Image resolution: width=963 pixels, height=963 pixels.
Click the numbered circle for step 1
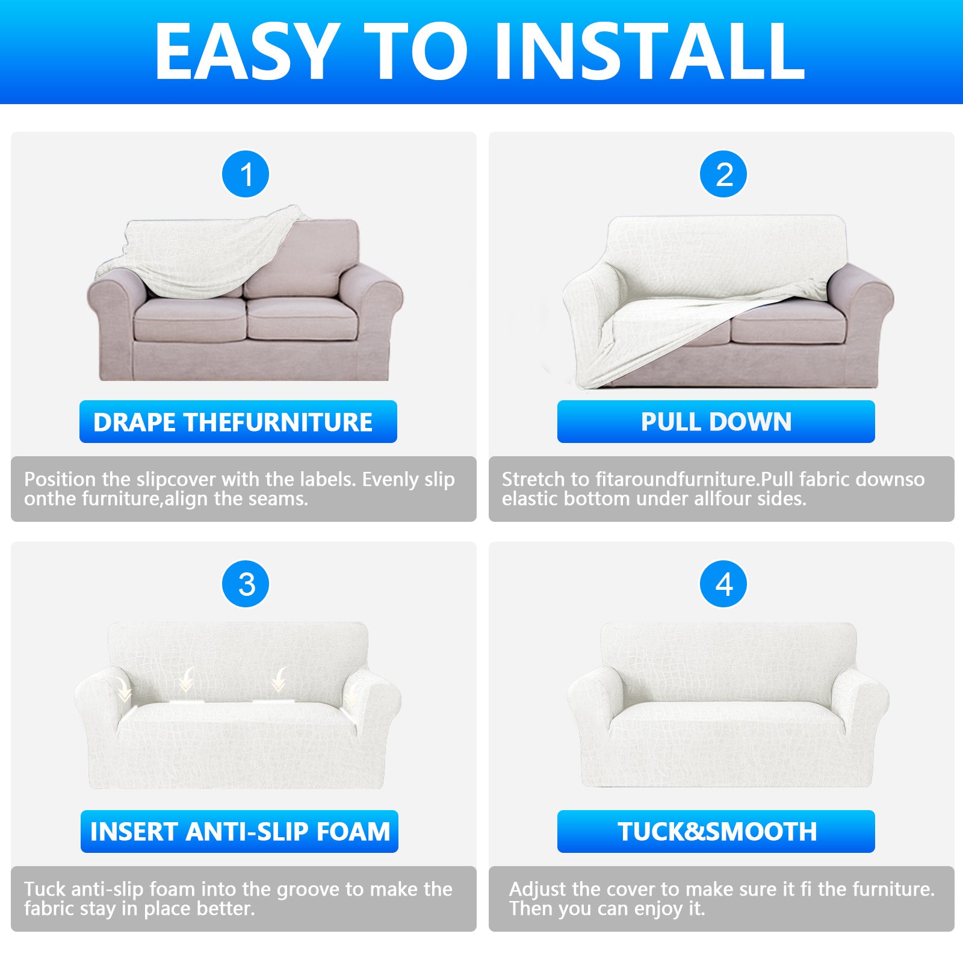pos(246,175)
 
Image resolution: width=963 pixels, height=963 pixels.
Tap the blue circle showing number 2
pos(723,175)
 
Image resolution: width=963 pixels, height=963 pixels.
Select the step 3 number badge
pos(246,584)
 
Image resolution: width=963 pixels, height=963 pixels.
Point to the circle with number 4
pos(723,584)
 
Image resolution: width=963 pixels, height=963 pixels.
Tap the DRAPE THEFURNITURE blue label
pos(238,422)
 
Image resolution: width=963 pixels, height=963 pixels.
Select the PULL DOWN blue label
pos(716,422)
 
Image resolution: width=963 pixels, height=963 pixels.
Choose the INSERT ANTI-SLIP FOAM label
pos(240,832)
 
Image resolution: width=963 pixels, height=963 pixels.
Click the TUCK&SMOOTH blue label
pos(716,832)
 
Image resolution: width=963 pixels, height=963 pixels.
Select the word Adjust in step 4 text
pos(537,890)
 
